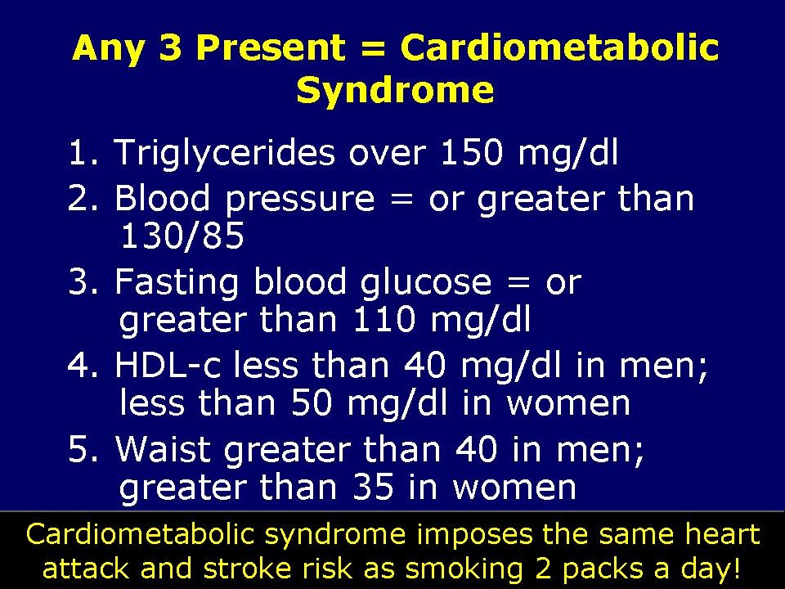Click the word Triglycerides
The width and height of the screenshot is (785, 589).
224,154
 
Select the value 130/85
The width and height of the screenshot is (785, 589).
182,237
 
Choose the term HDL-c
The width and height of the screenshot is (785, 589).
168,366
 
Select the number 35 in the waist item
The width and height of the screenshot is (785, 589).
372,488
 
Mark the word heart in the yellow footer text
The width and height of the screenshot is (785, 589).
715,536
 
